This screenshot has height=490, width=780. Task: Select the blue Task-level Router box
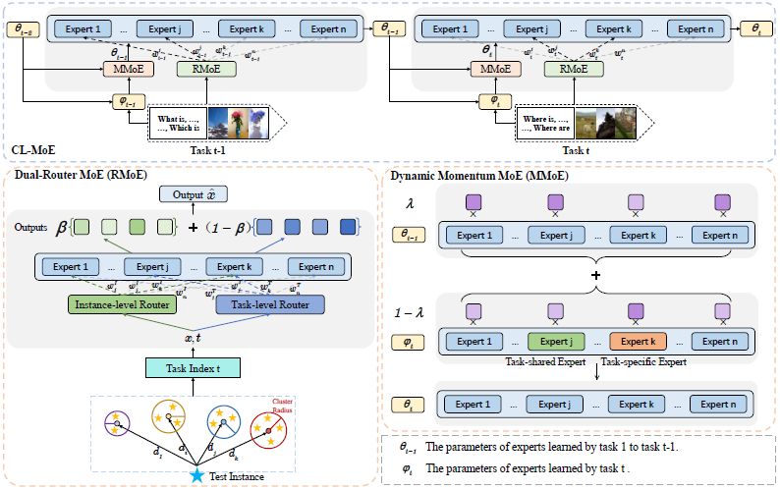(x=269, y=305)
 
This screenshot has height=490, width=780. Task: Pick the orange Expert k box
(x=636, y=342)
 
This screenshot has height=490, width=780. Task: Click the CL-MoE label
(x=32, y=150)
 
